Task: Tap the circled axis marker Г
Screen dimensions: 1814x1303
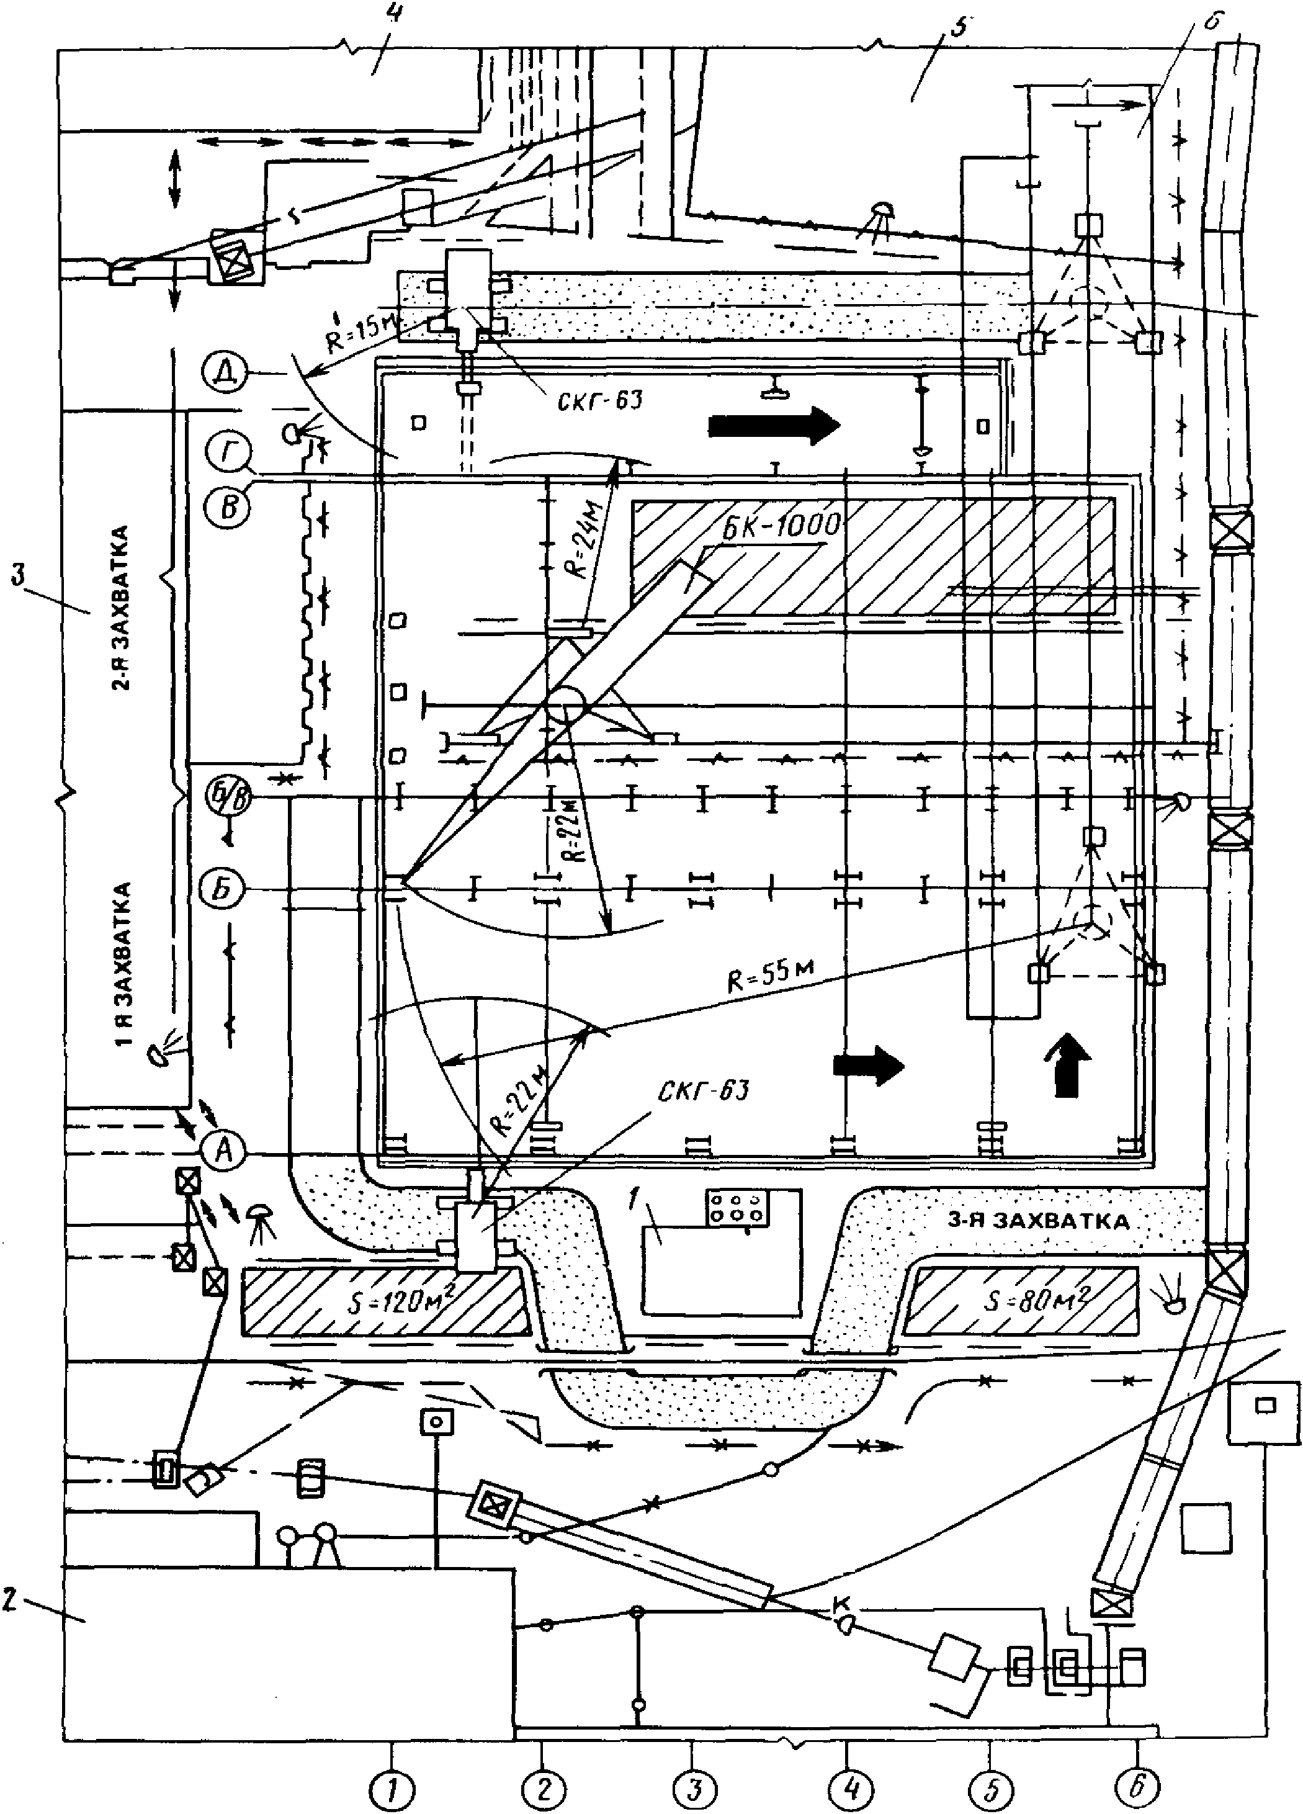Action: tap(227, 452)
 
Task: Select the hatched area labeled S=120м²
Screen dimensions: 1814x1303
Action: tap(385, 1301)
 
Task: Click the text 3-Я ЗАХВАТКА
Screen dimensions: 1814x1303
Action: tap(1037, 1221)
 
